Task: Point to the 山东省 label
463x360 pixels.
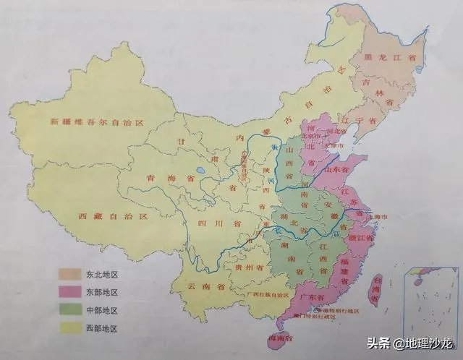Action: pos(340,168)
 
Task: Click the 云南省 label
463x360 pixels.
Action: pos(206,287)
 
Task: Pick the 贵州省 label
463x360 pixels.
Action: pos(244,267)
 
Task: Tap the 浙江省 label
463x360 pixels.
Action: pos(361,236)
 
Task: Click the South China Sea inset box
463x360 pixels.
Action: pos(430,297)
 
